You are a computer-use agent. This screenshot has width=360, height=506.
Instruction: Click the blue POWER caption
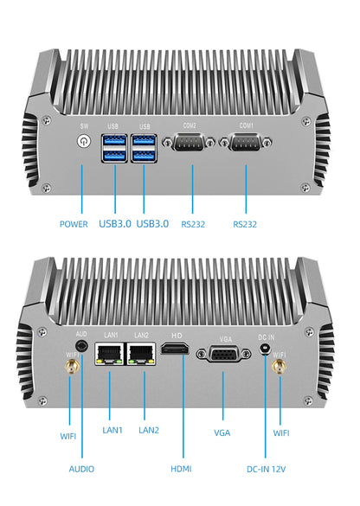pyautogui.click(x=74, y=224)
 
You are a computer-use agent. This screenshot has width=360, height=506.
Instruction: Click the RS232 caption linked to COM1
pyautogui.click(x=246, y=224)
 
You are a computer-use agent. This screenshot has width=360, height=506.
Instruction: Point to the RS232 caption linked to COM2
pyautogui.click(x=194, y=224)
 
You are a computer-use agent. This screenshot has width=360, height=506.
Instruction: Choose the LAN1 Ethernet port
pyautogui.click(x=110, y=353)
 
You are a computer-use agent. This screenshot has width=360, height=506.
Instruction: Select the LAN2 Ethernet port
pyautogui.click(x=141, y=353)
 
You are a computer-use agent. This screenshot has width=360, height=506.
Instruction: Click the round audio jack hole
pyautogui.click(x=81, y=349)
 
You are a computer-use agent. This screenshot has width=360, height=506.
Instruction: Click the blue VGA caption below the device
pyautogui.click(x=223, y=430)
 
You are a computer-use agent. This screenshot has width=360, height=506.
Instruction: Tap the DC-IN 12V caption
pyautogui.click(x=265, y=468)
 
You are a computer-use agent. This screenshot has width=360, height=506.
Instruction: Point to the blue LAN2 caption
pyautogui.click(x=149, y=430)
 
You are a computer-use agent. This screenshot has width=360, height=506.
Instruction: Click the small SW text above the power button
pyautogui.click(x=84, y=125)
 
